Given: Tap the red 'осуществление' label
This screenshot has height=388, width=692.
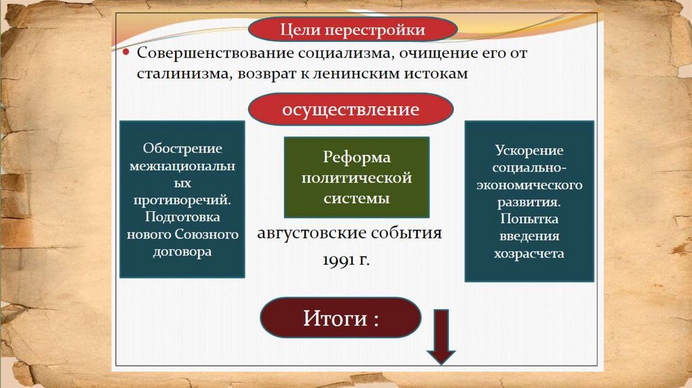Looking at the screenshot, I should tap(351, 109).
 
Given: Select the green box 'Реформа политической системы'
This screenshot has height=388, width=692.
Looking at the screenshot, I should tap(356, 178).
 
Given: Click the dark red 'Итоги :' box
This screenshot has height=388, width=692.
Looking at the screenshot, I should tap(341, 318).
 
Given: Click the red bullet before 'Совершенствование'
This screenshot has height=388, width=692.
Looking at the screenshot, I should tap(126, 53).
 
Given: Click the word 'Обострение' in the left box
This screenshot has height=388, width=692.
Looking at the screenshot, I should tap(182, 149).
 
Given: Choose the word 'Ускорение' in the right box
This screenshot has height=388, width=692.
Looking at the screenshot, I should tap(529, 150).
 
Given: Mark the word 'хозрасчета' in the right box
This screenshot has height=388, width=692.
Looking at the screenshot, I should tap(529, 253).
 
